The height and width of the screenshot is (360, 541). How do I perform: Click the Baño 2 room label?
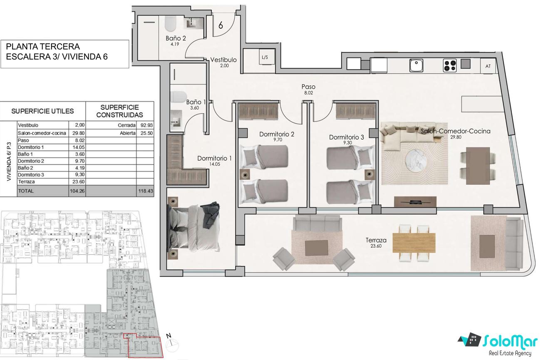(176, 38)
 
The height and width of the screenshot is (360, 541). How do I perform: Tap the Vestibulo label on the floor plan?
(223, 60)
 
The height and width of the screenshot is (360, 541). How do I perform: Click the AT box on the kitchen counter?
(488, 66)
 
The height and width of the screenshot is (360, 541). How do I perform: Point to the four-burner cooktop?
(450, 66)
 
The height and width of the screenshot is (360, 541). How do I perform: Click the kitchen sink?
(416, 66)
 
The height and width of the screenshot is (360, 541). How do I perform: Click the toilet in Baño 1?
(178, 97)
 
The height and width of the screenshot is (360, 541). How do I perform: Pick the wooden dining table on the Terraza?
(414, 243)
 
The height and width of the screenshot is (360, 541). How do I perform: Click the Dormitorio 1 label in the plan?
(214, 158)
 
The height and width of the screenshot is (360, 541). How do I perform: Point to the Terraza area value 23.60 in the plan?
(376, 246)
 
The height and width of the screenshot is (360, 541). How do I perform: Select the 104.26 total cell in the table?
(77, 191)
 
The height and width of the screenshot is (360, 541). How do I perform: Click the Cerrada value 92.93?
(146, 125)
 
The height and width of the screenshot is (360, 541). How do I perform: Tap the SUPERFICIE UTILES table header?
(42, 111)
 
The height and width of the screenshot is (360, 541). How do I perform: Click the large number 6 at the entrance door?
(221, 25)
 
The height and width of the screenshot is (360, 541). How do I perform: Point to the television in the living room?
(415, 201)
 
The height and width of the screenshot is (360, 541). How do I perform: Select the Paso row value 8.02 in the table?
(77, 140)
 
